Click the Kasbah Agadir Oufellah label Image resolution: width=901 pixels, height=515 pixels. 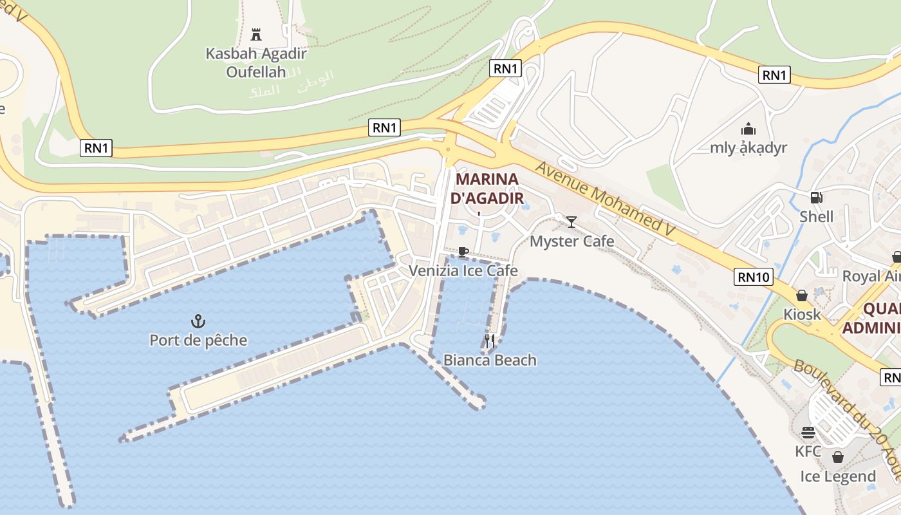(x=256, y=62)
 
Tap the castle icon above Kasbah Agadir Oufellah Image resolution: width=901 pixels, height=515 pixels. (x=256, y=34)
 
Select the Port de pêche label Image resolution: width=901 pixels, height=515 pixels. (x=198, y=340)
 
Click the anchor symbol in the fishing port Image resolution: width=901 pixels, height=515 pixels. (x=198, y=320)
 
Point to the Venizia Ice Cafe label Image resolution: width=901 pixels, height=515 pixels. (x=463, y=270)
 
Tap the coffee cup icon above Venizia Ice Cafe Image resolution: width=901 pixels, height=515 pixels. (x=463, y=252)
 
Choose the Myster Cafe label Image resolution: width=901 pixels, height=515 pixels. (x=571, y=241)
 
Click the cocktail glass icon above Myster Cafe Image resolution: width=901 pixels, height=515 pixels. (x=571, y=222)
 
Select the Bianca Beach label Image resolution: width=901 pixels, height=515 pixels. (x=490, y=360)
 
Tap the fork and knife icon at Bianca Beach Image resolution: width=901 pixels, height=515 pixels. (x=490, y=341)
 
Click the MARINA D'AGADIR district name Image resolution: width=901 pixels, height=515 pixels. (x=487, y=188)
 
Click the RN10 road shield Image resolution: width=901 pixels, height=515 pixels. (x=753, y=277)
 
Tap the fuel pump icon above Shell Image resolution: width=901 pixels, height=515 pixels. (x=816, y=198)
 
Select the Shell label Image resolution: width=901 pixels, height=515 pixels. (x=816, y=216)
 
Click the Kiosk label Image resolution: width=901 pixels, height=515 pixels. (x=802, y=314)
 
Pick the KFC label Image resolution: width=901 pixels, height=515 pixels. (x=808, y=451)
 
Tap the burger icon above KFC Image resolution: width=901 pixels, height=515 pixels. (x=808, y=433)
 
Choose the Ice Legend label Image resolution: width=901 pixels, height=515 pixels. (x=838, y=476)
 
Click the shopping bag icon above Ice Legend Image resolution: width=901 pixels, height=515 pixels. (x=838, y=457)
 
